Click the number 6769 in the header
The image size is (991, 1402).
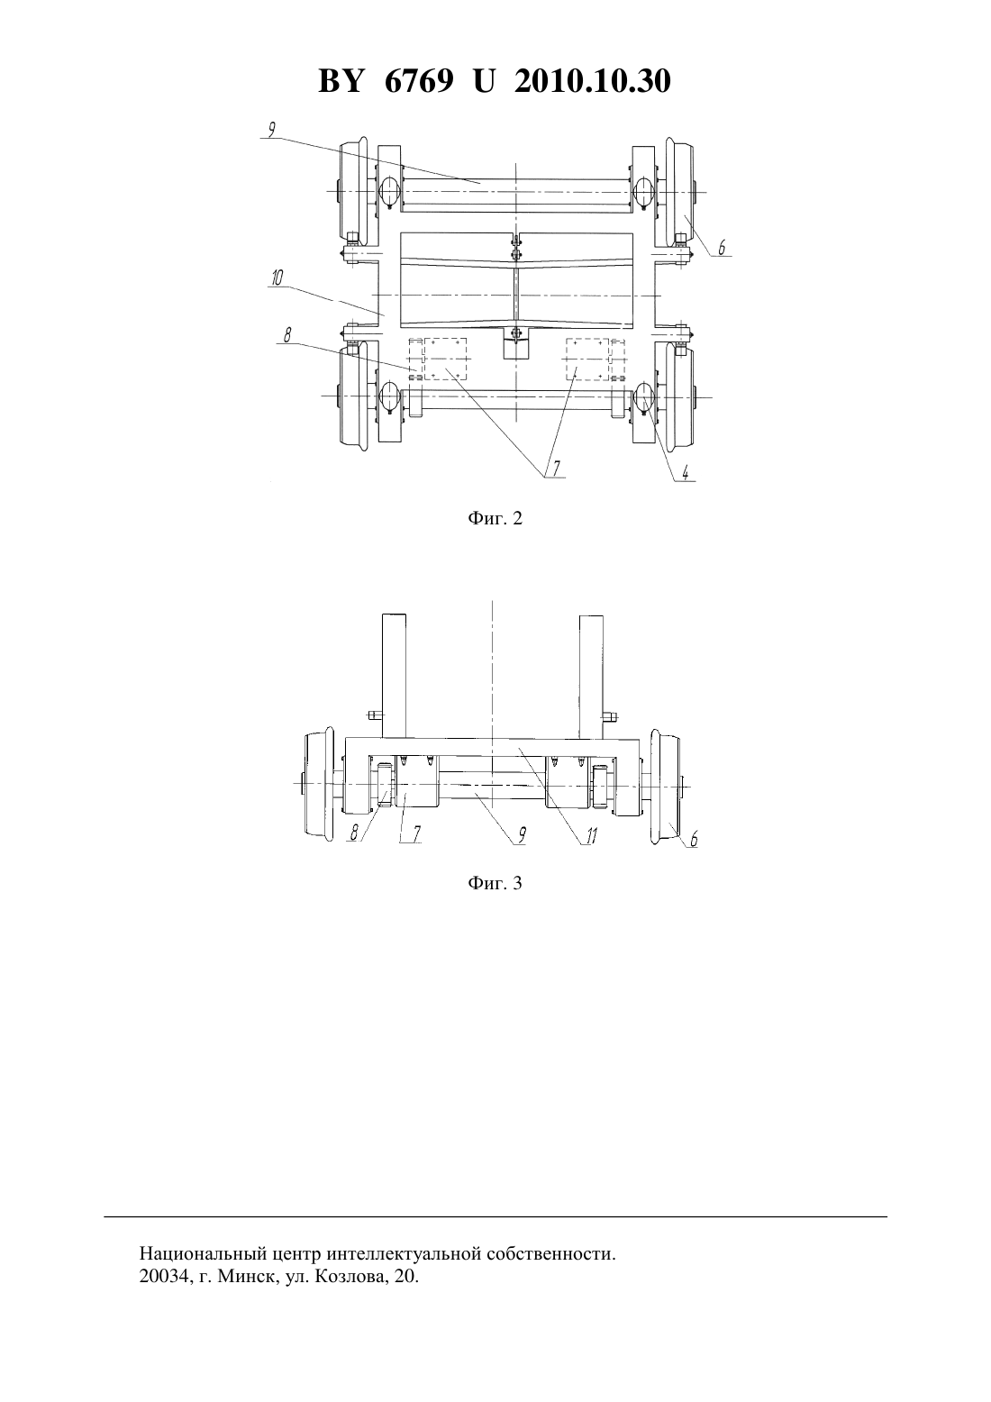[418, 81]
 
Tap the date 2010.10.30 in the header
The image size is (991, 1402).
[593, 81]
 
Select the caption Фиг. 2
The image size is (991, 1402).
[495, 518]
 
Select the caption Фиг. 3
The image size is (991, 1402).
[495, 883]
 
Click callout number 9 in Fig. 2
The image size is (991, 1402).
[271, 130]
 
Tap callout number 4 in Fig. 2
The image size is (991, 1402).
[686, 472]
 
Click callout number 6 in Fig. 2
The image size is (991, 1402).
[722, 248]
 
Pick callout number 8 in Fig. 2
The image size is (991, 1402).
[287, 335]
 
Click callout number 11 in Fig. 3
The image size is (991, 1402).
[592, 835]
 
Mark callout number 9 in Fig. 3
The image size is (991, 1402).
[521, 835]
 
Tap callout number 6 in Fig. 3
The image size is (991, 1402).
[693, 839]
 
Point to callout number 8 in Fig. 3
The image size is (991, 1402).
[355, 833]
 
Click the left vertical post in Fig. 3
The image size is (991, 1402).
[394, 677]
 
